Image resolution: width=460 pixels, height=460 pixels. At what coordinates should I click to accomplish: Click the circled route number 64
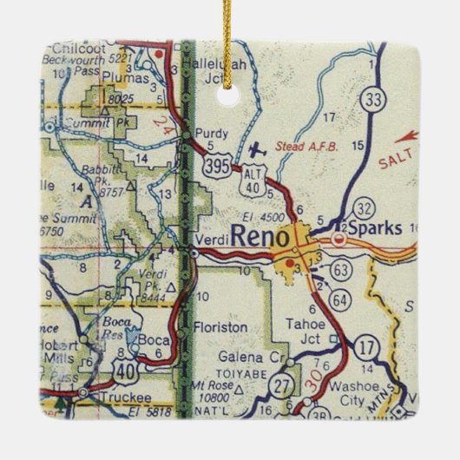click(x=342, y=300)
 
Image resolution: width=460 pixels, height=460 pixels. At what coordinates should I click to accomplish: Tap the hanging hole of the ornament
click(x=230, y=96)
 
